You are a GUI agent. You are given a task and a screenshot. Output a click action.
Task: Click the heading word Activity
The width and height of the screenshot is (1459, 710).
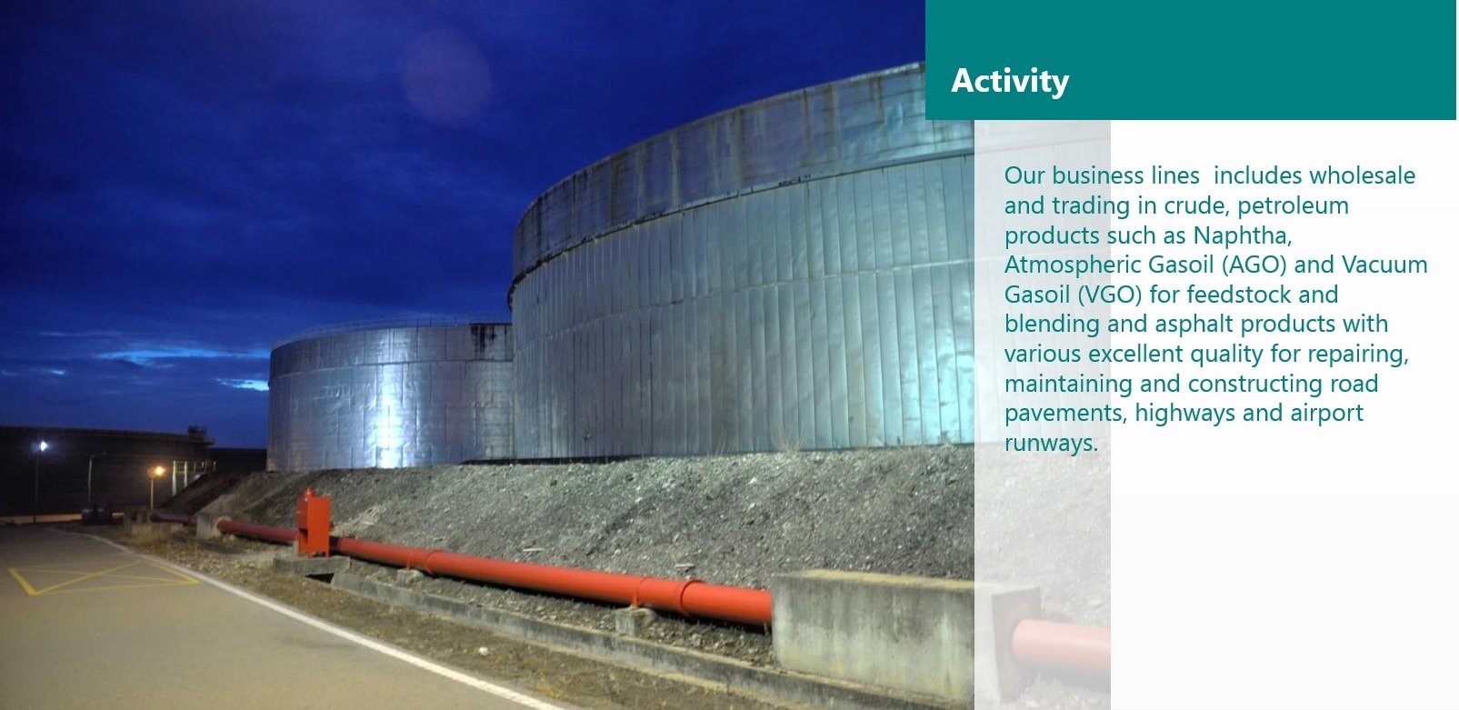[1010, 82]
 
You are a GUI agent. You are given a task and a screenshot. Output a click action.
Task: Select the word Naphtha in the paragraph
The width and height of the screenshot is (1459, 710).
[1242, 235]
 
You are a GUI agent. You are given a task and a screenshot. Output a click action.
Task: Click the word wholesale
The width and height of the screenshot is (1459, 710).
[1362, 175]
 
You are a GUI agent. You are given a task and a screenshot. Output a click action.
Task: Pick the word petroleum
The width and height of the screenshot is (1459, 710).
[1293, 205]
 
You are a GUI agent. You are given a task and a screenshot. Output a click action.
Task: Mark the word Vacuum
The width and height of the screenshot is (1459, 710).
[1384, 265]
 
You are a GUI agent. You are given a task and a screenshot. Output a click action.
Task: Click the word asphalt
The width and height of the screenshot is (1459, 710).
[1188, 324]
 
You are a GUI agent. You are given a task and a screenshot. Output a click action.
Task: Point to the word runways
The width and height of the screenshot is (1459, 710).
[1051, 444]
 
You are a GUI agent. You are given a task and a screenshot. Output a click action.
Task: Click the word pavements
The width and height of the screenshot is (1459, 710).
[1065, 414]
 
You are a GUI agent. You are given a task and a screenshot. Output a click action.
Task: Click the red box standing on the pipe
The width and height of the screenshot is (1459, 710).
[314, 523]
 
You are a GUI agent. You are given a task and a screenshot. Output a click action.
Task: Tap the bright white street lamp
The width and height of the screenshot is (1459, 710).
[43, 446]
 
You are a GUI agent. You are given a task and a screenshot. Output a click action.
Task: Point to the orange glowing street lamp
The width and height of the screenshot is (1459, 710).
[157, 470]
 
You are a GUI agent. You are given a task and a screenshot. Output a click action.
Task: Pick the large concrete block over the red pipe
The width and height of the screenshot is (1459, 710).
[873, 632]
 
